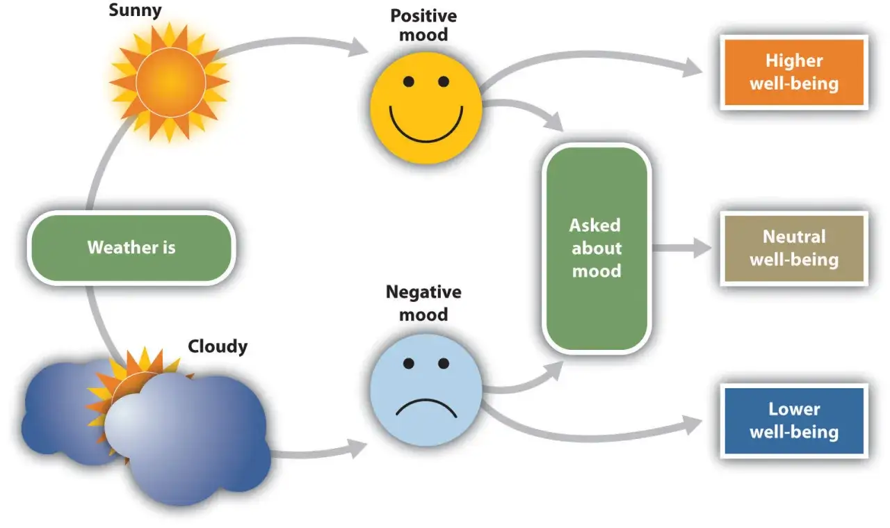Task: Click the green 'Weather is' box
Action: click(131, 248)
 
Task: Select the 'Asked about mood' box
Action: click(597, 248)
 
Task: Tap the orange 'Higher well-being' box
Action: click(794, 72)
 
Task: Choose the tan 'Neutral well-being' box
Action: click(794, 248)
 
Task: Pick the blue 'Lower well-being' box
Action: click(794, 421)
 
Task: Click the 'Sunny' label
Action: click(135, 10)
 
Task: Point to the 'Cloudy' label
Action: click(218, 346)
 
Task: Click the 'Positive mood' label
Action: click(423, 25)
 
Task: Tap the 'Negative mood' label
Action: click(423, 303)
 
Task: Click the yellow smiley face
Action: click(426, 108)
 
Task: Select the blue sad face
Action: click(426, 390)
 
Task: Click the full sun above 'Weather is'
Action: click(170, 82)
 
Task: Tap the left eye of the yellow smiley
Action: click(408, 81)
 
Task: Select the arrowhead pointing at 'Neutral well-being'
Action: click(702, 248)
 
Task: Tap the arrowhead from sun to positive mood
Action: click(358, 47)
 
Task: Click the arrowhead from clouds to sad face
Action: click(357, 449)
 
